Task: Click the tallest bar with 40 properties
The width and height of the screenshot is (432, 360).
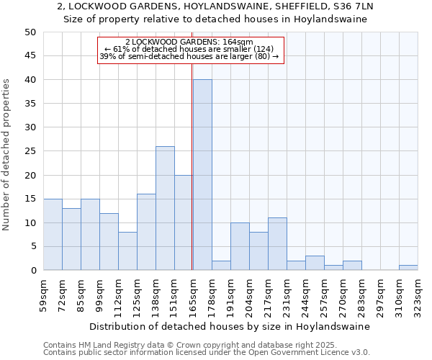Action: coord(202,175)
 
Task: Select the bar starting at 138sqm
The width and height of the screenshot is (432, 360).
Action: coord(165,208)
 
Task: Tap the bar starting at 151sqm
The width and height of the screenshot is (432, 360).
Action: coord(184,222)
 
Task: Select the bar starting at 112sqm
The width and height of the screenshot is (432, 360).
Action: coord(127,251)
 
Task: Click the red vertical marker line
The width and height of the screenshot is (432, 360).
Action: coord(192,166)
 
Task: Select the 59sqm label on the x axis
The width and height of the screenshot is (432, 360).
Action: coord(43,294)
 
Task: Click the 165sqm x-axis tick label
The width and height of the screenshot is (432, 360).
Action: coord(193,294)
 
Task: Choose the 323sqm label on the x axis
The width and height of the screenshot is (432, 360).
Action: coord(418,294)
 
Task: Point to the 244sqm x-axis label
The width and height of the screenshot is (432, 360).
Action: coord(305,294)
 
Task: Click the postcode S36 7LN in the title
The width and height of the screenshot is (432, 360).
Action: coord(354,6)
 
